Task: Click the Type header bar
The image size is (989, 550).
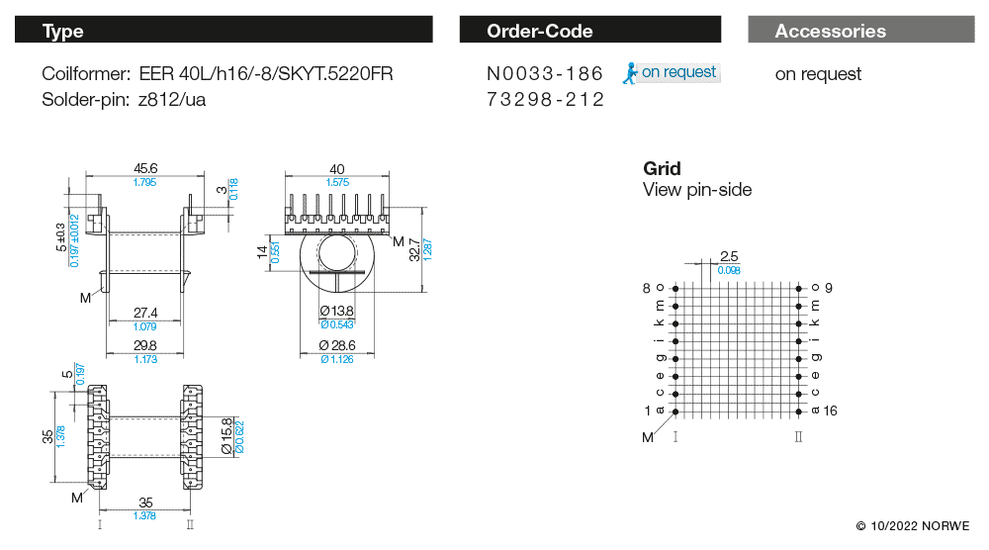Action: click(x=224, y=31)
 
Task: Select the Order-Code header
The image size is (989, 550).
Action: click(x=593, y=31)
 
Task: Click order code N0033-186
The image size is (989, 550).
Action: click(x=545, y=74)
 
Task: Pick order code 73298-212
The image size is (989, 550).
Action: click(x=545, y=100)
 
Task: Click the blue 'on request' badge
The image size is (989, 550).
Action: click(x=672, y=72)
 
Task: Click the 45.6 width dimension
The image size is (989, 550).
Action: click(x=145, y=168)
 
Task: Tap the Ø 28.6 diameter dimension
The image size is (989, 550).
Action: click(x=337, y=345)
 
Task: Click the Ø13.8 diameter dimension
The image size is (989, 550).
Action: click(x=337, y=313)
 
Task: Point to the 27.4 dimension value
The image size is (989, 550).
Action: click(x=145, y=314)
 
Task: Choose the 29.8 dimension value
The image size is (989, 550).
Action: click(x=145, y=345)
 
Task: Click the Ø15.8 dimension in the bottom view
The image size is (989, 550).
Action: click(x=225, y=434)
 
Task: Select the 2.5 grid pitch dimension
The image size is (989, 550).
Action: click(x=730, y=256)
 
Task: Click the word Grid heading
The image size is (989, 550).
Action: click(x=662, y=168)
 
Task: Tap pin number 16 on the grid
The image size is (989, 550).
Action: click(x=829, y=411)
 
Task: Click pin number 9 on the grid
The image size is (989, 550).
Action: click(x=829, y=288)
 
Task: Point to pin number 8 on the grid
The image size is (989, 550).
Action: click(x=647, y=288)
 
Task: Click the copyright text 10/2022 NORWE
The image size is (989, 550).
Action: click(x=913, y=525)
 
